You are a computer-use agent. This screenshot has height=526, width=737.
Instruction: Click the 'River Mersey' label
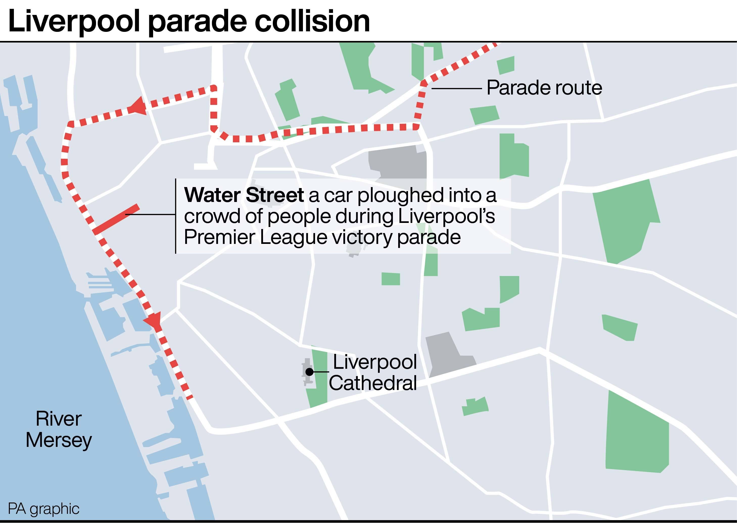[x=59, y=429]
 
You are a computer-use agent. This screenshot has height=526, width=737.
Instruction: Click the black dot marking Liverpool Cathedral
[x=310, y=372]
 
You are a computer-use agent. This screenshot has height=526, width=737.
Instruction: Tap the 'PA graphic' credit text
[x=43, y=509]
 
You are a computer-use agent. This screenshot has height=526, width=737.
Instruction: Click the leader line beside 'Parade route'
[x=456, y=88]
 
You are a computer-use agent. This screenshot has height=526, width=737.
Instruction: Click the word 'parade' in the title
[x=197, y=22]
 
